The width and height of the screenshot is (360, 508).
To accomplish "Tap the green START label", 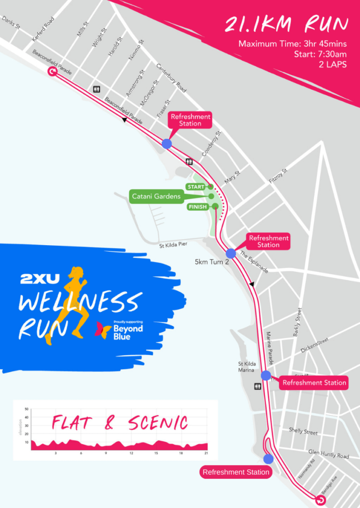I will point(196,187).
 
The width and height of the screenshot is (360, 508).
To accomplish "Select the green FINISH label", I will point(198,207).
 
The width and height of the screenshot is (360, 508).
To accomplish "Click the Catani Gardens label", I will point(156,196).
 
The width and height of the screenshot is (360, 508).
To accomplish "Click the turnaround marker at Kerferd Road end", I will point(52,72).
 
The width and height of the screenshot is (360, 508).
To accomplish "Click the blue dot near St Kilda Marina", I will point(266,376).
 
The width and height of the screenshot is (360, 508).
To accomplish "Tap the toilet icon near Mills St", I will point(97,89).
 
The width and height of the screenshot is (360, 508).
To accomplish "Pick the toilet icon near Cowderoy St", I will point(189,161).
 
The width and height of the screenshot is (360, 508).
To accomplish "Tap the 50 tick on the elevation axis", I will point(27,409).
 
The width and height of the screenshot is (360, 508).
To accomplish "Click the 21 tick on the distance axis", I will point(206,453).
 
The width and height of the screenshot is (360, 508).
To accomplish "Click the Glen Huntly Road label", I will point(328,453).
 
